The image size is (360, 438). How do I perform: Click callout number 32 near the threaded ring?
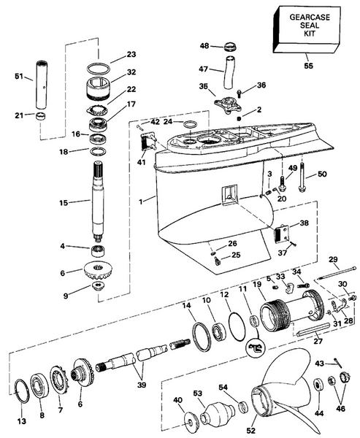click(x=131, y=72)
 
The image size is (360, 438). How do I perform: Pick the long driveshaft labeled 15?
click(x=99, y=208)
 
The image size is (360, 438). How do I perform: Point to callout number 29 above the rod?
click(x=333, y=259)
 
